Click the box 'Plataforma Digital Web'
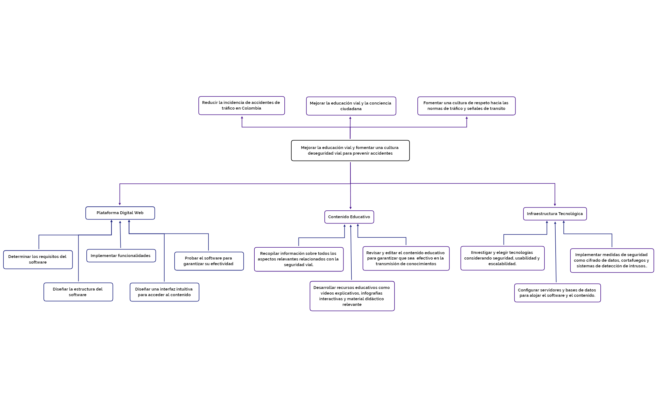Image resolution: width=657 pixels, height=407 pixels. point(120,213)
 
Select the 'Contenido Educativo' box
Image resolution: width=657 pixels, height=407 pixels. point(349,217)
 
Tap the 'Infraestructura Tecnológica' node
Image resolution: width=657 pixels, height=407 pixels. point(555,214)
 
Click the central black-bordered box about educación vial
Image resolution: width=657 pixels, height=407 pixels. point(350,151)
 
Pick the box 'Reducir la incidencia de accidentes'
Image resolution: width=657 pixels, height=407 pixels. point(241,106)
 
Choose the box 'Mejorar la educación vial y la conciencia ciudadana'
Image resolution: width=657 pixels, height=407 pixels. point(351,106)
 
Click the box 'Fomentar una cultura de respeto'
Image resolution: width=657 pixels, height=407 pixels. point(466,106)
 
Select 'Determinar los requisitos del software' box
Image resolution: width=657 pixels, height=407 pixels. point(38,260)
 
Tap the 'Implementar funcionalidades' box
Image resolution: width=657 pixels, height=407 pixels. point(121,256)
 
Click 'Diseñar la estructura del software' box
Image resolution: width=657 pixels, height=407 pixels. point(78,292)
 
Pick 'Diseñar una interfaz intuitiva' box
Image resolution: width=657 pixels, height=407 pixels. point(164,292)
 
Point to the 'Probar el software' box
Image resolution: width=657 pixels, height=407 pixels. point(209,261)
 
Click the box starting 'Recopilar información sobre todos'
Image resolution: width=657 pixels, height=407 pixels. point(298,259)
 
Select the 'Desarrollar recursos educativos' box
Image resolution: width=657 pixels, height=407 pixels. point(352,296)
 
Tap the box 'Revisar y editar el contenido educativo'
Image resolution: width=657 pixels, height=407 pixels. point(406,258)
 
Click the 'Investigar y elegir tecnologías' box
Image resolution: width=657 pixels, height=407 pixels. point(502,258)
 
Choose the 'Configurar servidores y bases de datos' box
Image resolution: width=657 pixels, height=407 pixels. point(557,293)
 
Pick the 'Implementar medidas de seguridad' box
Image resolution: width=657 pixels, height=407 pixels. point(612,260)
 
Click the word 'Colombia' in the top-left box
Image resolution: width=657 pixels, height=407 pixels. point(251,108)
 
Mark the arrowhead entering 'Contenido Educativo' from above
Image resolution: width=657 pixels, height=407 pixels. point(350,208)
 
